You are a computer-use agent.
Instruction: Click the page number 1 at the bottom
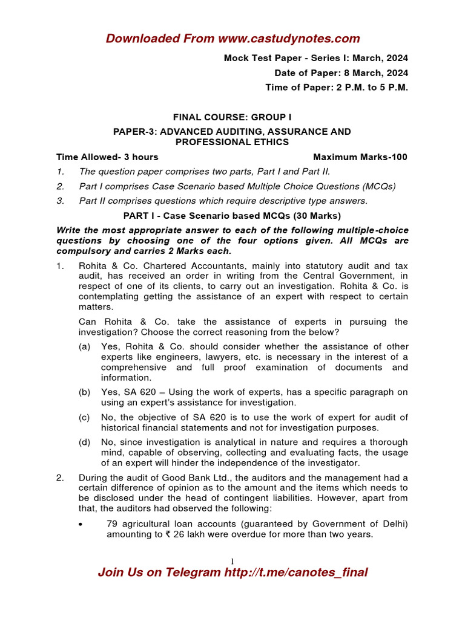click(232, 561)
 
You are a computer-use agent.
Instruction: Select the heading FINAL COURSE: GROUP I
click(232, 117)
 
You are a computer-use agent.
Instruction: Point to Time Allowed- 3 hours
click(107, 157)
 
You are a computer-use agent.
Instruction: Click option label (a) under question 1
click(85, 346)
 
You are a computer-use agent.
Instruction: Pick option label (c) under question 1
click(85, 417)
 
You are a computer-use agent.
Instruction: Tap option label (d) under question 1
click(85, 442)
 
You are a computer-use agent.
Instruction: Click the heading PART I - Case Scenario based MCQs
click(232, 215)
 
